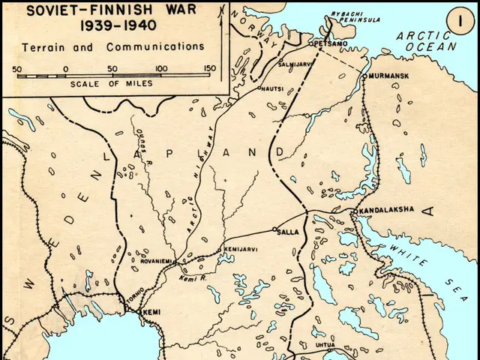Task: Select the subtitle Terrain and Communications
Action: pyautogui.click(x=112, y=46)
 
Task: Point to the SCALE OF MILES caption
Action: pyautogui.click(x=112, y=83)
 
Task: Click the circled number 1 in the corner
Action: pyautogui.click(x=458, y=20)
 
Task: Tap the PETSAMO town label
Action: pyautogui.click(x=330, y=43)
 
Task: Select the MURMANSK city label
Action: pyautogui.click(x=387, y=76)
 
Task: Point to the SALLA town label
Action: pyautogui.click(x=289, y=232)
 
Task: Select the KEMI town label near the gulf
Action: pyautogui.click(x=152, y=311)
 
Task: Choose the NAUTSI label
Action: pyautogui.click(x=273, y=88)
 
